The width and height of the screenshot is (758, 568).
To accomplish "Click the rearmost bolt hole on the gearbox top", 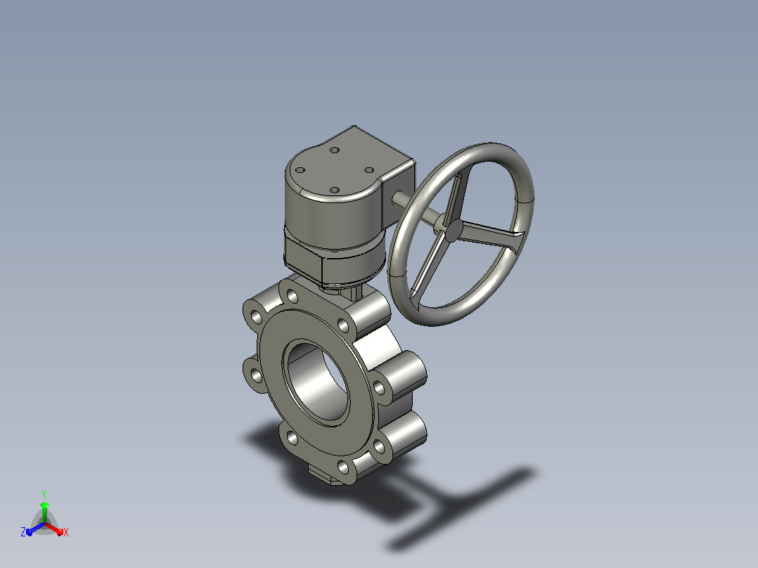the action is point(335,150).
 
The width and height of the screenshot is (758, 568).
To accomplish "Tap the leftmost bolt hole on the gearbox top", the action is point(300,170).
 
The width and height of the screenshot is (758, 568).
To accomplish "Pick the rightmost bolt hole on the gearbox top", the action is point(369,170).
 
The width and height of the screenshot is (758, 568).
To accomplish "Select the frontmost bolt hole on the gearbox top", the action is point(334,191).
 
